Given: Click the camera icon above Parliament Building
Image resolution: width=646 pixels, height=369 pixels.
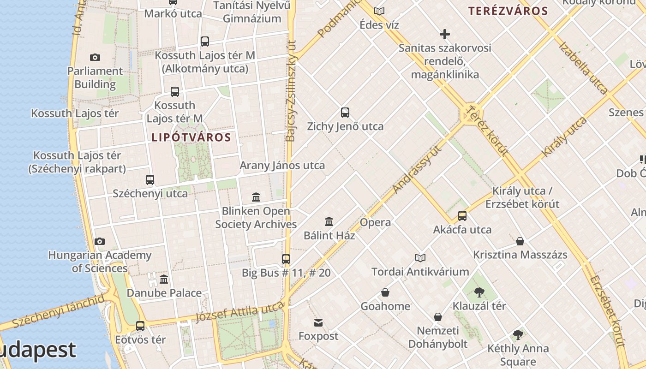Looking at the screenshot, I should coord(95,58).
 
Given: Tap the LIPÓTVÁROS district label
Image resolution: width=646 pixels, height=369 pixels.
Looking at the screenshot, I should coord(191,137).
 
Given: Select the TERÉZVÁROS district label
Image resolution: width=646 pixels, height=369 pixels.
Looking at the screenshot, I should coord(508,11).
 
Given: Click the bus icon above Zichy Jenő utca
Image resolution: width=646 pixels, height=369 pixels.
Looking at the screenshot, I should coord(345,112).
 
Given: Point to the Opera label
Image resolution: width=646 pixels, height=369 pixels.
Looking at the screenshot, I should coord(375,222).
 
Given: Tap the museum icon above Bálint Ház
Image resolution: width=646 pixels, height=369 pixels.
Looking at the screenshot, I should coord(329,222).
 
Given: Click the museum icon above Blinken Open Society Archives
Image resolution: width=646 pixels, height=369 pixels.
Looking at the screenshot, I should coord(256,197).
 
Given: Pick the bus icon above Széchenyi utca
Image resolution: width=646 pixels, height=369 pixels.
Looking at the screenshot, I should coord(150,180).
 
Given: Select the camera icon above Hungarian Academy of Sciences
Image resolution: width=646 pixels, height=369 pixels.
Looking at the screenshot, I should coord(100,242).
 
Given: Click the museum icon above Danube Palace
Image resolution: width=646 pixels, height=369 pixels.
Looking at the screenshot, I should coord(164,280).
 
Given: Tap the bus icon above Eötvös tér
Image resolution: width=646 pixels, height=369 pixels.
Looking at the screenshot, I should coord(140,326).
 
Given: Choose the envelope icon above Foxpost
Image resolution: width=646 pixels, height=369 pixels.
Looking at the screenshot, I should coord(318,322).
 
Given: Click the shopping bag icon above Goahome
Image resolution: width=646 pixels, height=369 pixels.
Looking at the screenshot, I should coord(385,292).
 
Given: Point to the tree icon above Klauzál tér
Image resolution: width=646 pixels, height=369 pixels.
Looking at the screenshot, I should coord(479,292).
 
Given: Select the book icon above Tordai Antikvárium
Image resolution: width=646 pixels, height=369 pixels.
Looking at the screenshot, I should coord(420,258).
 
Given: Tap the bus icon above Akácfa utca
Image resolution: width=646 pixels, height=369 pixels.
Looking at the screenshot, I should coord(462,216).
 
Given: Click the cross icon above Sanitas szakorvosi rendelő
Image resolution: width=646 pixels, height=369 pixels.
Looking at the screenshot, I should coord(445,34).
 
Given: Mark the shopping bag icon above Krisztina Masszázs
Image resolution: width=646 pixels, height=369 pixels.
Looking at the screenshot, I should coord(520,241).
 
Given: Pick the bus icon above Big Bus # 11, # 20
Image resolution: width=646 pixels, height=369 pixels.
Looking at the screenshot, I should coord(286,259).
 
